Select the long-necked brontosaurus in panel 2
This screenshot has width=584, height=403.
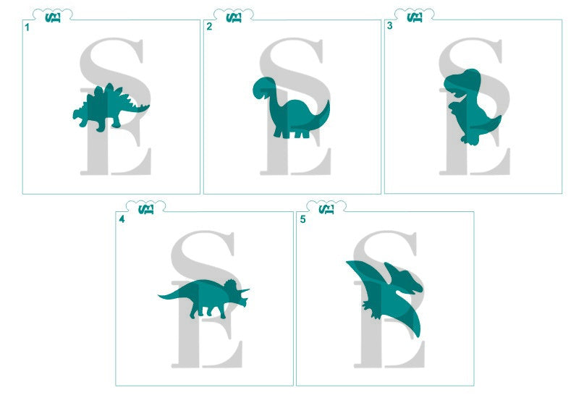coord(293,116)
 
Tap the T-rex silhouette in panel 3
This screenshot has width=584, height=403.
coord(470,109)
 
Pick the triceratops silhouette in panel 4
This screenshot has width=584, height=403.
coord(206,297)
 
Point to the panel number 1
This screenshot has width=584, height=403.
coord(27,27)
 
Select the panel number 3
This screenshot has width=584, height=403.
coord(390,26)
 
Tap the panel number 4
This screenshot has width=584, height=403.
coord(122,219)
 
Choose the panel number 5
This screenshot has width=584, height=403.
coord(303,219)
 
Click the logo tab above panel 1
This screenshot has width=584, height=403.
coord(53,16)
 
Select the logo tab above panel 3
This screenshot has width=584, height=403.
coord(415,16)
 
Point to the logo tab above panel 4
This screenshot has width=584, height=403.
coord(146,208)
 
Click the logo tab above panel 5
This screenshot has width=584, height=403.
coord(327,208)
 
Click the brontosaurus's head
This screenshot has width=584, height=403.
coord(262,86)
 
